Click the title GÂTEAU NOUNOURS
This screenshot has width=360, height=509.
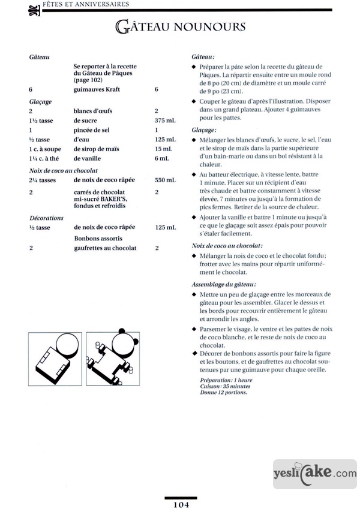point(180,27)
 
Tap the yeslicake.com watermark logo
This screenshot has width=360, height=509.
point(314,473)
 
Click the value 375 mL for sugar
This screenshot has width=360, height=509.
point(165,120)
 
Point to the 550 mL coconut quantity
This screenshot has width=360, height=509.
point(165,180)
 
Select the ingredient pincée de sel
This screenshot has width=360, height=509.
point(93,129)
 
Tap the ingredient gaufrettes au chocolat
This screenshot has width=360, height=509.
point(105,248)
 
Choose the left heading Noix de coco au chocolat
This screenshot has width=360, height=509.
point(63,170)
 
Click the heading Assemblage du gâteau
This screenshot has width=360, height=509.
point(223,284)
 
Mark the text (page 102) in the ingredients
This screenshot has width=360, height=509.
point(88,79)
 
